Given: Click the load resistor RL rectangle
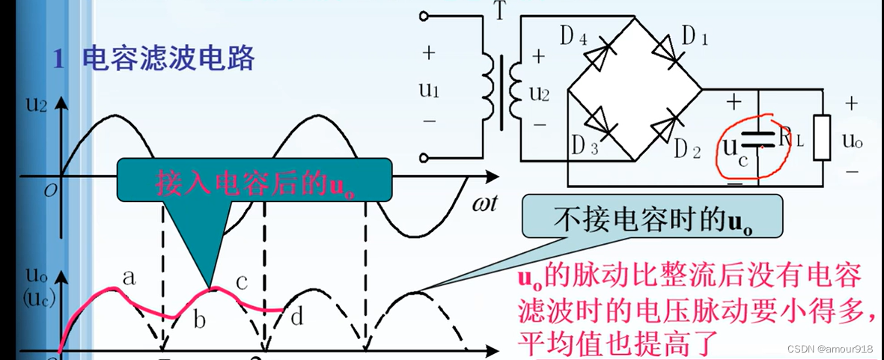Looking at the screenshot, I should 822,138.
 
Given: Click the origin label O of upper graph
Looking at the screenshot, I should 50,189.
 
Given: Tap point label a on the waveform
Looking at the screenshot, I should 128,278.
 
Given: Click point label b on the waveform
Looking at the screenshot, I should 198,321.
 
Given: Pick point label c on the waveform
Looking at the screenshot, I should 242,281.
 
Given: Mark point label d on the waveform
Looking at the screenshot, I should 296,317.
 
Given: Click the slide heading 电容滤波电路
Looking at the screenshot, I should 168,58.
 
